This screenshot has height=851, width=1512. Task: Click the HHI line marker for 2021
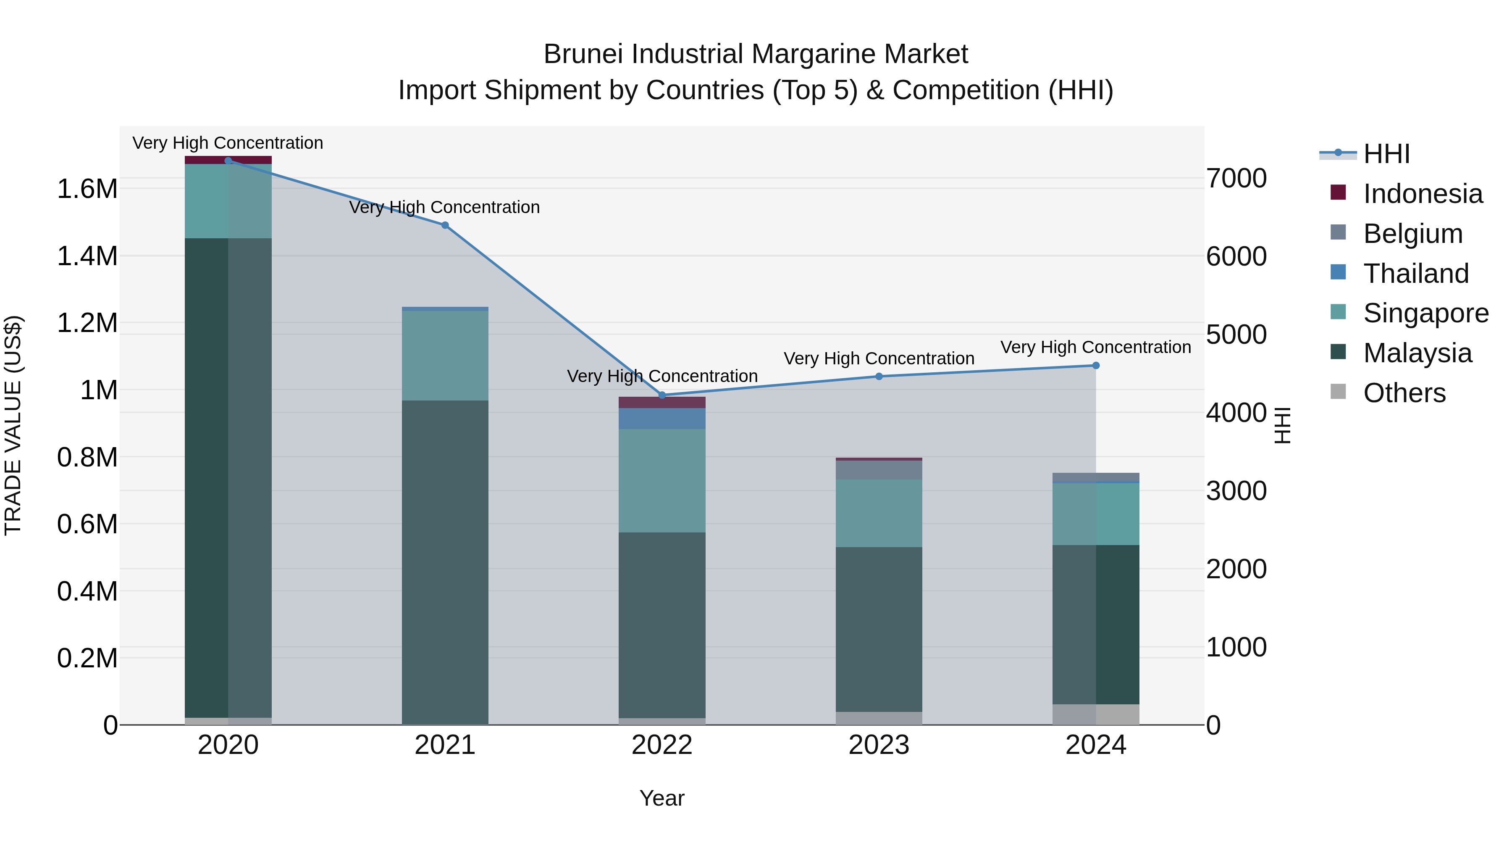(445, 226)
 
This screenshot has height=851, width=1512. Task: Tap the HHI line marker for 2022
(662, 395)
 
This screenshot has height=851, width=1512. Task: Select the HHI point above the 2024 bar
(1095, 365)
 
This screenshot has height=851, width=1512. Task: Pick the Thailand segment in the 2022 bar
(662, 418)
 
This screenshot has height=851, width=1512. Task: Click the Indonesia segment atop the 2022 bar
(662, 402)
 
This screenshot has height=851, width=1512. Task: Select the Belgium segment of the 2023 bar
(879, 470)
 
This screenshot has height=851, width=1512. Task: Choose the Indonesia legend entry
(1422, 194)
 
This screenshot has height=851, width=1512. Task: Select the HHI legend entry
(1386, 154)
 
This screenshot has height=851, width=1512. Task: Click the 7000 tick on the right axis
(1236, 179)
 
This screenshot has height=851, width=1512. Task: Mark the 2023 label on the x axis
(879, 745)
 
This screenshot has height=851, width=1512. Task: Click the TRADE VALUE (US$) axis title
(13, 425)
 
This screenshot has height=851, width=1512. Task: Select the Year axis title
(661, 798)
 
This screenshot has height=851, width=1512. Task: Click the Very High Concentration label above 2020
(228, 143)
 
